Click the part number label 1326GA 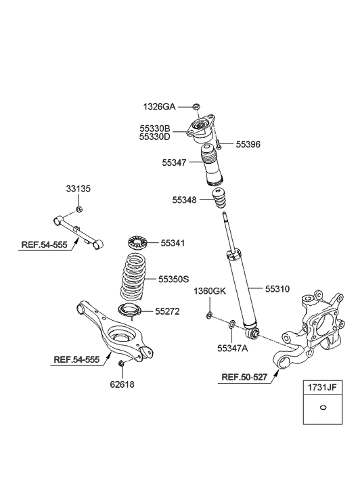(x=159, y=106)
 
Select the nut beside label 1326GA (x=196, y=106)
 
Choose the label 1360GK (x=209, y=292)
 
